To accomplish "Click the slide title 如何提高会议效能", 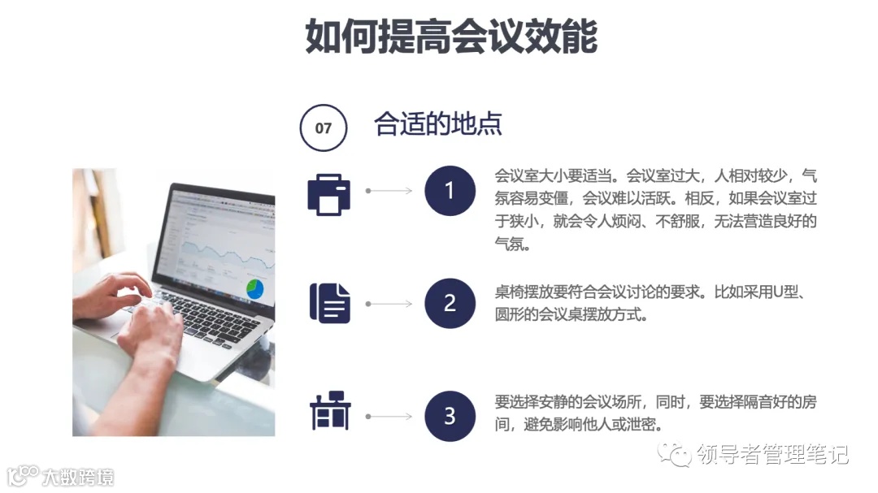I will coord(451,36).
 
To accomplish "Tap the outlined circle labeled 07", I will coord(324,128).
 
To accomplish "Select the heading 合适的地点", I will coord(438,124).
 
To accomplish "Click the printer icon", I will coord(328,192).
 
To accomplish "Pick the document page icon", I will coord(329,304).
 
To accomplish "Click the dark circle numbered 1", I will coord(450,191).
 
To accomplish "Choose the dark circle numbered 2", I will coord(450,303).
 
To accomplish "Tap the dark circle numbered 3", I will coord(450,416).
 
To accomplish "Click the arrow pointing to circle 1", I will coord(389,191).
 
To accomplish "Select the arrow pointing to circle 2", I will coord(389,304).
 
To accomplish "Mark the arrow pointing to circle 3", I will coord(389,417).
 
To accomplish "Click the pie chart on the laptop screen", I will coord(255,288).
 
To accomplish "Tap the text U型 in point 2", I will coord(785,292).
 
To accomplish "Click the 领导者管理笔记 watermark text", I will coord(773,455).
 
